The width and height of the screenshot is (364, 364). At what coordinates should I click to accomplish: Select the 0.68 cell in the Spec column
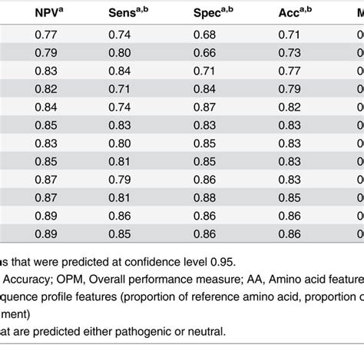click(205, 36)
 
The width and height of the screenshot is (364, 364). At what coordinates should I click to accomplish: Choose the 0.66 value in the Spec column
click(205, 53)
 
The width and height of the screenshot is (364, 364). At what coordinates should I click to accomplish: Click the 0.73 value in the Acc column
click(289, 53)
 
